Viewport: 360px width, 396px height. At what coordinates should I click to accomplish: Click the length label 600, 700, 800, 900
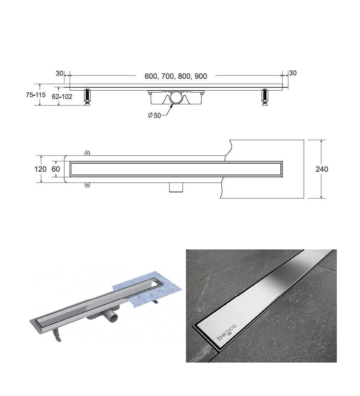point(176,76)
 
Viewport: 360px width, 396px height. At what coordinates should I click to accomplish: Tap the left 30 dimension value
point(59,73)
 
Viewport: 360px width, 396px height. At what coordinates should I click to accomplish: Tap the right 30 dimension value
point(293,73)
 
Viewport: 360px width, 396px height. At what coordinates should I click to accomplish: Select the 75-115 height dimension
point(36,95)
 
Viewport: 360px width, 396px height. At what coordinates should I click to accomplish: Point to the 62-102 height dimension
point(62,97)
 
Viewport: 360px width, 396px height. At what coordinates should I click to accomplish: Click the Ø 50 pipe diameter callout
point(154,115)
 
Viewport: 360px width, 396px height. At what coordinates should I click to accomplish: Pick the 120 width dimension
point(41,169)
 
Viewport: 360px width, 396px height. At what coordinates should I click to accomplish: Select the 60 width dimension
point(56,169)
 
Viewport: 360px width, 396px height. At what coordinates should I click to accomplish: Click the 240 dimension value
point(322,169)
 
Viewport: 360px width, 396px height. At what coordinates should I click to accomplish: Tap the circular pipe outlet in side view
point(176,97)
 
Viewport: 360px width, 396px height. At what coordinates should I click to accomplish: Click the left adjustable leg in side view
point(88,97)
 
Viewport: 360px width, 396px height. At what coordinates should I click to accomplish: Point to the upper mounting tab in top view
point(87,153)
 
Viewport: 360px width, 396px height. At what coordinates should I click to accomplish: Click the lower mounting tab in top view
point(87,185)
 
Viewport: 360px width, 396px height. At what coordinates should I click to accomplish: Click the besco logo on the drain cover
point(226,333)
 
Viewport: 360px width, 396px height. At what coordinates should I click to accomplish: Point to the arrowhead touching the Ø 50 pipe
point(171,106)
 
